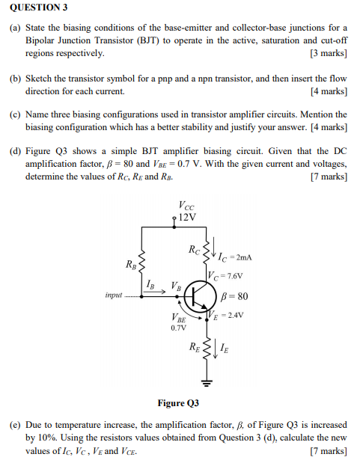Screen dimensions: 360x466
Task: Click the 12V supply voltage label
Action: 187,217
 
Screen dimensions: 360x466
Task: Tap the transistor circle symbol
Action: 200,297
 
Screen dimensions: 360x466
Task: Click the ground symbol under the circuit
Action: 206,383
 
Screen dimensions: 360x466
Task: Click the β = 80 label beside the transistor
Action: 235,296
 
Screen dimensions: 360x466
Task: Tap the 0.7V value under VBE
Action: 179,328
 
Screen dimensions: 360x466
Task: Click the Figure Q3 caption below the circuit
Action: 178,403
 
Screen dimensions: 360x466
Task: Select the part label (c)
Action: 15,114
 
